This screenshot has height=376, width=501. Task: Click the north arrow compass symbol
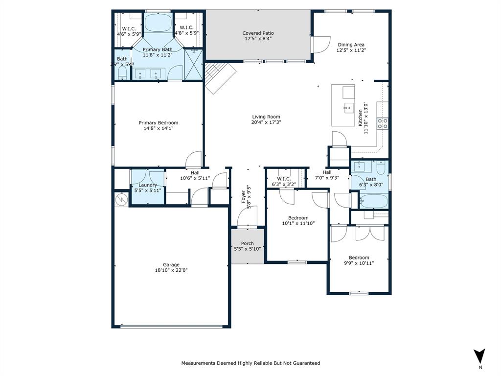(480, 356)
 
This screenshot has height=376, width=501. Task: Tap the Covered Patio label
(258, 33)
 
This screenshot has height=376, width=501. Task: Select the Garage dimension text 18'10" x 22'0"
(171, 270)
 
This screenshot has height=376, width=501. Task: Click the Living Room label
(266, 117)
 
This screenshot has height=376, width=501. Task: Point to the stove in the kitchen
(382, 123)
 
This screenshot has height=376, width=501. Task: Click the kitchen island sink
(348, 108)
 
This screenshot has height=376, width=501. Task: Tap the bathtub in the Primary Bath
(157, 23)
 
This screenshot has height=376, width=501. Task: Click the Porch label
(248, 243)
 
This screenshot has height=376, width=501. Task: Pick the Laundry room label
(147, 185)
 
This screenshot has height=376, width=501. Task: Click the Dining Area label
(351, 45)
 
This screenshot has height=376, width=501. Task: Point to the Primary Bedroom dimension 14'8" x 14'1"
(158, 128)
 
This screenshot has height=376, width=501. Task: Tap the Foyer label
(244, 197)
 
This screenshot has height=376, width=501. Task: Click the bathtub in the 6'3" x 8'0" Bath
(373, 201)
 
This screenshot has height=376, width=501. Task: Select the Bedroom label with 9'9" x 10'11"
(359, 258)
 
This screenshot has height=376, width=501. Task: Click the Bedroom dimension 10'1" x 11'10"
(298, 223)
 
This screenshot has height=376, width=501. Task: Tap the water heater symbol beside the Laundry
(121, 199)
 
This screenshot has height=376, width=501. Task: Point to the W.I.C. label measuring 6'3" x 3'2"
(284, 179)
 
